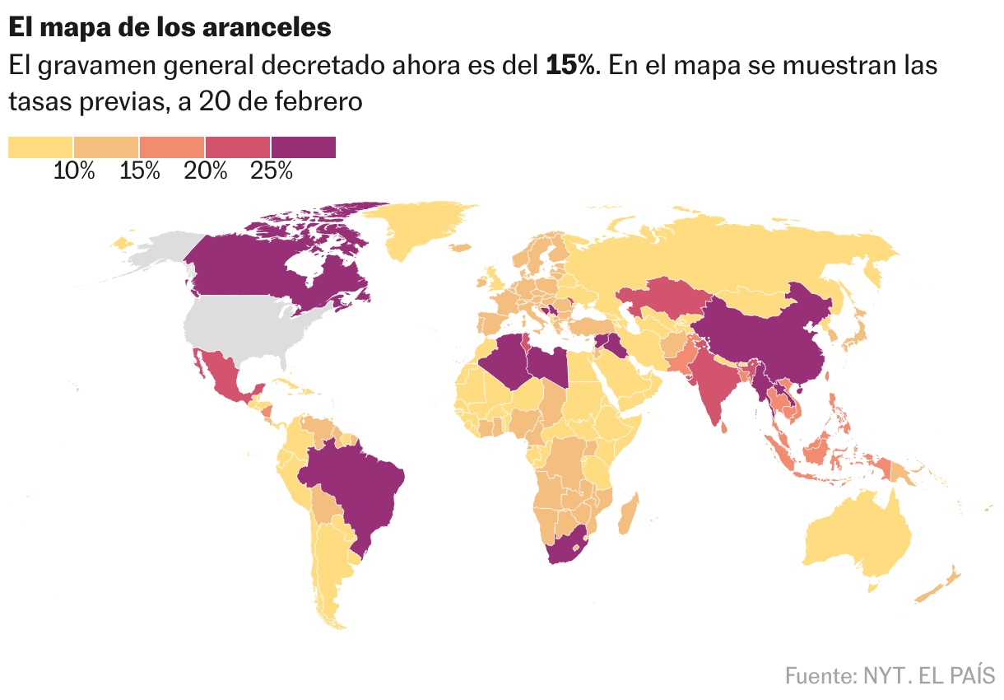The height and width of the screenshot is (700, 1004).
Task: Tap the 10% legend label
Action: [x=74, y=170]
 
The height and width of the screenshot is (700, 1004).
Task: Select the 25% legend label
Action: [x=272, y=170]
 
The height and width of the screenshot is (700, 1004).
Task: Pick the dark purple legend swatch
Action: [x=304, y=147]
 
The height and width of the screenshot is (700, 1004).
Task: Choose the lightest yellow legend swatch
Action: [x=40, y=147]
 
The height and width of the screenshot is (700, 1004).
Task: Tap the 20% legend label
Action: [x=206, y=170]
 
